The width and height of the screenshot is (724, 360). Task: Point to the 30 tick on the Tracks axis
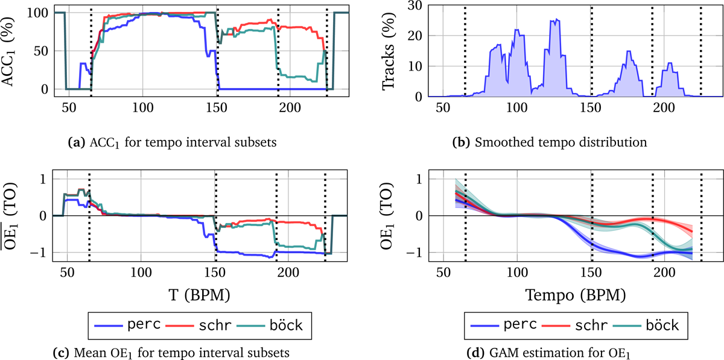[x=414, y=5]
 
